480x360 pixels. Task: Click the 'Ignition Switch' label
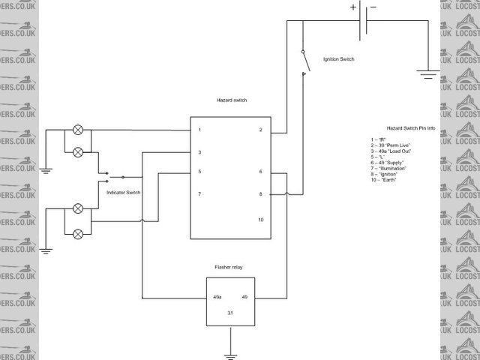click(338, 58)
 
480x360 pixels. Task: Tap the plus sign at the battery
click(353, 8)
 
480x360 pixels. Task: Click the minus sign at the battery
click(373, 8)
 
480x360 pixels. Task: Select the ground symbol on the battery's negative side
click(428, 75)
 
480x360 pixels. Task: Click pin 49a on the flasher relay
click(217, 298)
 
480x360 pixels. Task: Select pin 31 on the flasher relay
click(231, 312)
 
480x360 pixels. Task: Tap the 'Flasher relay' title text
click(231, 266)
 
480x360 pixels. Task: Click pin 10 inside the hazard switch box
click(260, 220)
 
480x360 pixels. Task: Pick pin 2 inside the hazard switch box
click(260, 130)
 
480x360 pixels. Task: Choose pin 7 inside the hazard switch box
click(199, 194)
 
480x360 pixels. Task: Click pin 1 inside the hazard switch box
click(199, 130)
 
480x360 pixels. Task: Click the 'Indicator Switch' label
click(123, 193)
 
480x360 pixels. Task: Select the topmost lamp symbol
click(77, 130)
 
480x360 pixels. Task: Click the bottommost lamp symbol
click(77, 234)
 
